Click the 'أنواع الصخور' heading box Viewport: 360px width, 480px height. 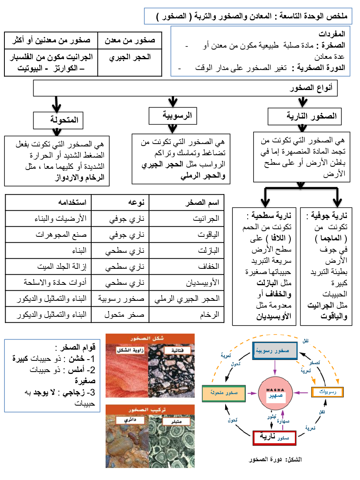(x=185, y=89)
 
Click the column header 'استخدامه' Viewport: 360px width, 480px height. (x=48, y=202)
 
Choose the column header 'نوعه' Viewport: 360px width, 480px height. (x=120, y=202)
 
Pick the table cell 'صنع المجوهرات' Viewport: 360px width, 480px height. (x=48, y=235)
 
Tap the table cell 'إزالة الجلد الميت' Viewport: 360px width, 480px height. (x=48, y=266)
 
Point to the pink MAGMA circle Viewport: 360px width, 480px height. (x=274, y=392)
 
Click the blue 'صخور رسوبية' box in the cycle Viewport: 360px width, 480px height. (x=274, y=350)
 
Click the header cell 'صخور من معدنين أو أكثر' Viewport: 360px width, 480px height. (x=50, y=40)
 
